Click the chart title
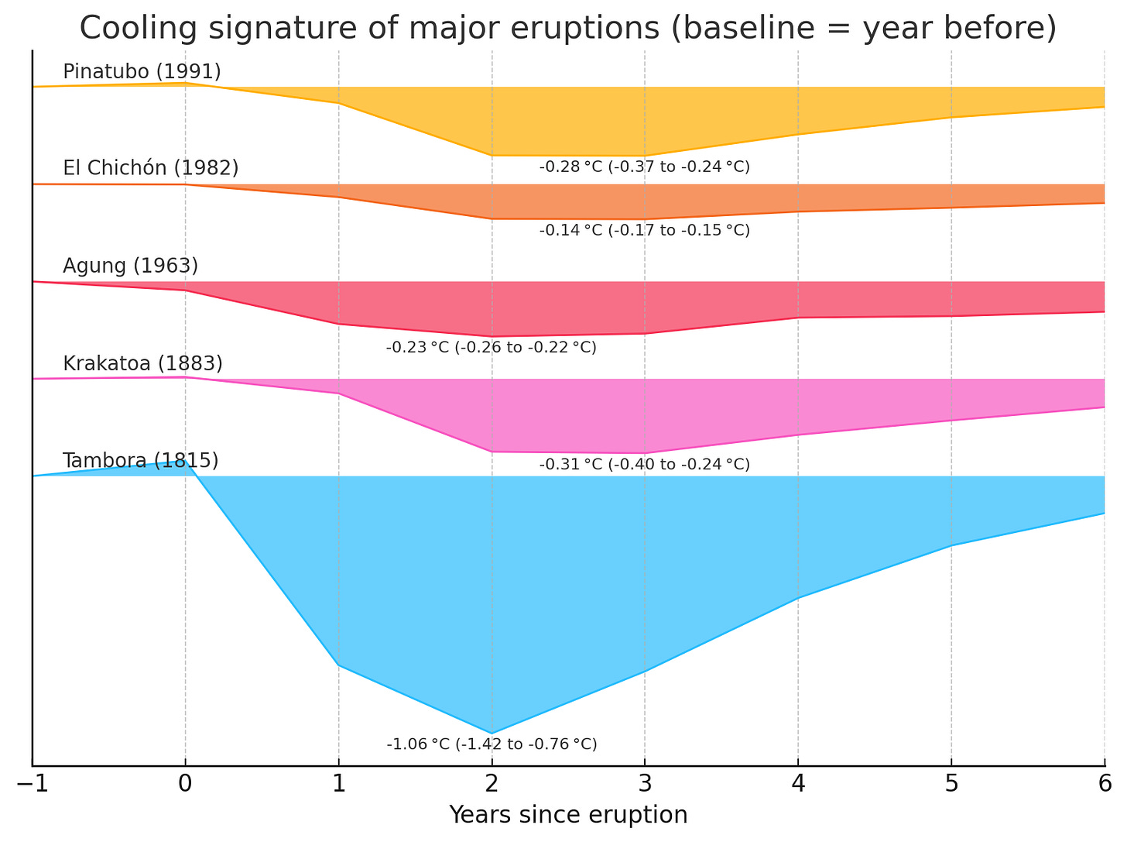pos(568,29)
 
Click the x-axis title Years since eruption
pos(568,815)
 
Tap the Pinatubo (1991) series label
pos(142,71)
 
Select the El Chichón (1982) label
pos(150,168)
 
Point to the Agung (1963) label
pos(130,266)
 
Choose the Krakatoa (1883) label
pos(142,363)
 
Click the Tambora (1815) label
pos(140,461)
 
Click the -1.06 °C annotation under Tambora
pos(492,744)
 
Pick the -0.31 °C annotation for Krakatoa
pos(644,465)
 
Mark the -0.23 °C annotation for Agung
pos(491,348)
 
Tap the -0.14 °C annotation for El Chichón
pos(644,231)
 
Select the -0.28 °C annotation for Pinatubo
pos(644,167)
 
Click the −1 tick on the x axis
pos(32,785)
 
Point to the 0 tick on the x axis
pos(185,785)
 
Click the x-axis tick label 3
pos(645,785)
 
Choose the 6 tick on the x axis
pos(1105,785)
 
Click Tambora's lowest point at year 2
pos(492,733)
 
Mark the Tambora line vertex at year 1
pos(338,665)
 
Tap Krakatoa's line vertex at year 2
pos(492,452)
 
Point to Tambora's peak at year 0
pos(185,462)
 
